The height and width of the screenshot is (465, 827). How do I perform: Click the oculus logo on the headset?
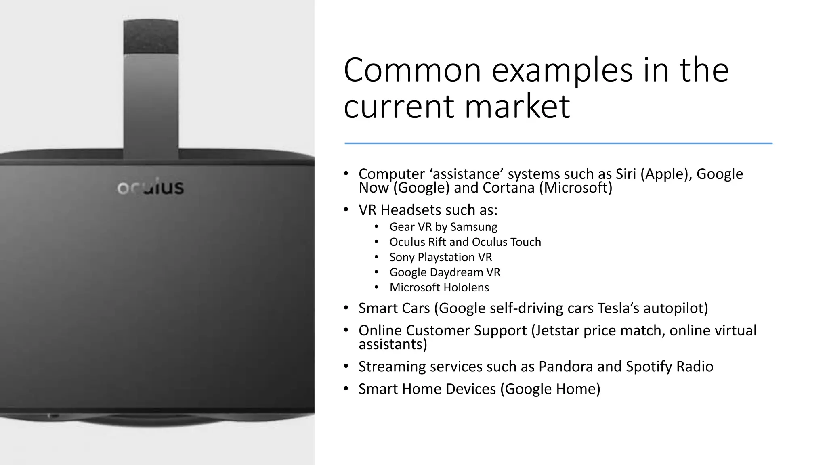click(x=151, y=187)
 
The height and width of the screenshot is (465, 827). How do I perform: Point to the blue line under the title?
click(x=558, y=143)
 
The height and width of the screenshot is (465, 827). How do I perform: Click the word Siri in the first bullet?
click(x=625, y=174)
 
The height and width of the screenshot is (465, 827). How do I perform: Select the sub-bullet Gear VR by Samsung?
click(x=443, y=227)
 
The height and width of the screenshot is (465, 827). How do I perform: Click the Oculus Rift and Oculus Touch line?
click(x=465, y=242)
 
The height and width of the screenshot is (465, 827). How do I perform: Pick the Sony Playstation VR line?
click(x=440, y=257)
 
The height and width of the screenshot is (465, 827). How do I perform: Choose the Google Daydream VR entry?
click(x=444, y=272)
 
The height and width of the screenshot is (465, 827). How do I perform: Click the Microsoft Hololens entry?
click(x=439, y=287)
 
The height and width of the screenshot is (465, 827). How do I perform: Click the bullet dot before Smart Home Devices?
click(x=346, y=389)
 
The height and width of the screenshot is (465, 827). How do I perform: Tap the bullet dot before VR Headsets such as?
click(x=346, y=210)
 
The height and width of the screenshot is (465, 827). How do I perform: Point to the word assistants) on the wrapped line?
click(x=393, y=344)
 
